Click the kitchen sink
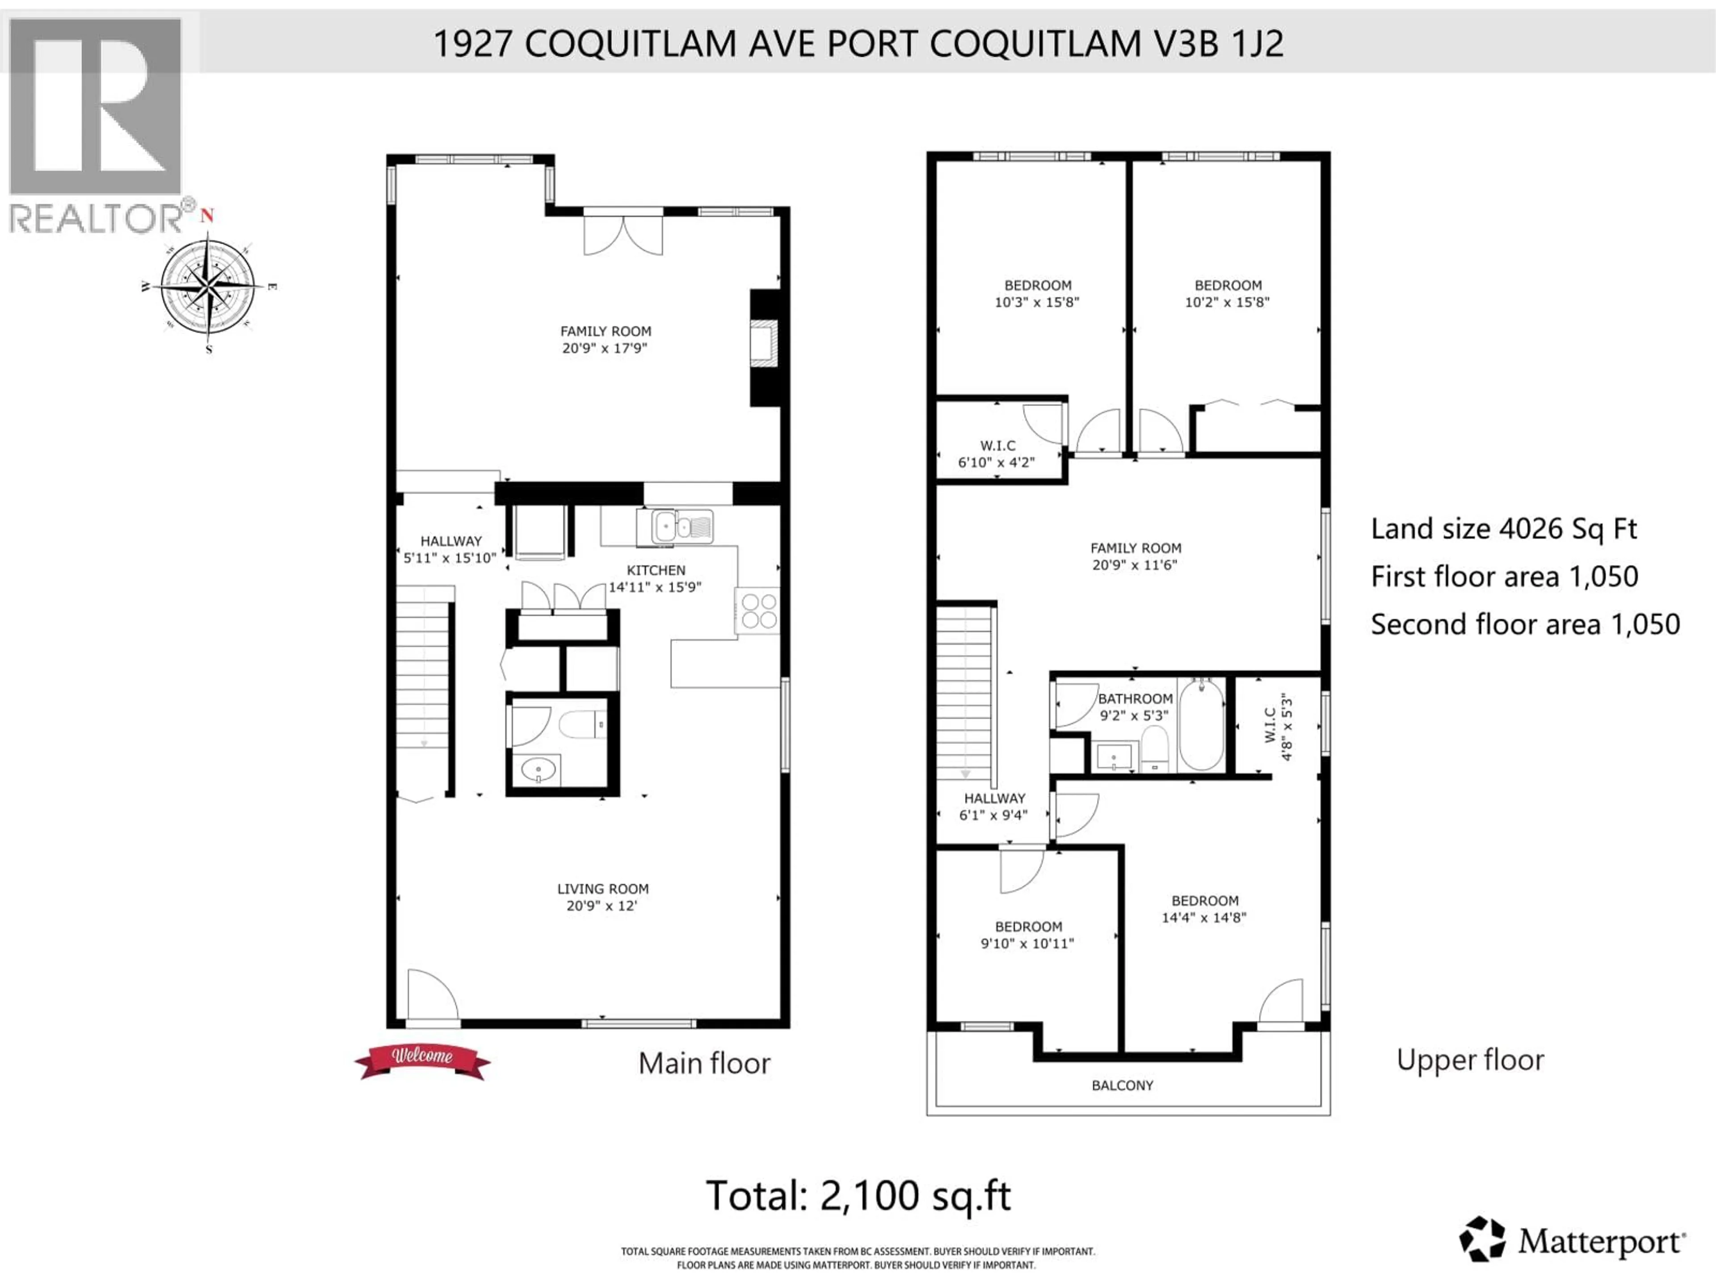pos(675,527)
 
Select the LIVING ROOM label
pos(603,889)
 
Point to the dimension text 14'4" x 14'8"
pos(1203,917)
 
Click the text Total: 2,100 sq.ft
pos(858,1195)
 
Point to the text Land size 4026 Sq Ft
pos(1503,529)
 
